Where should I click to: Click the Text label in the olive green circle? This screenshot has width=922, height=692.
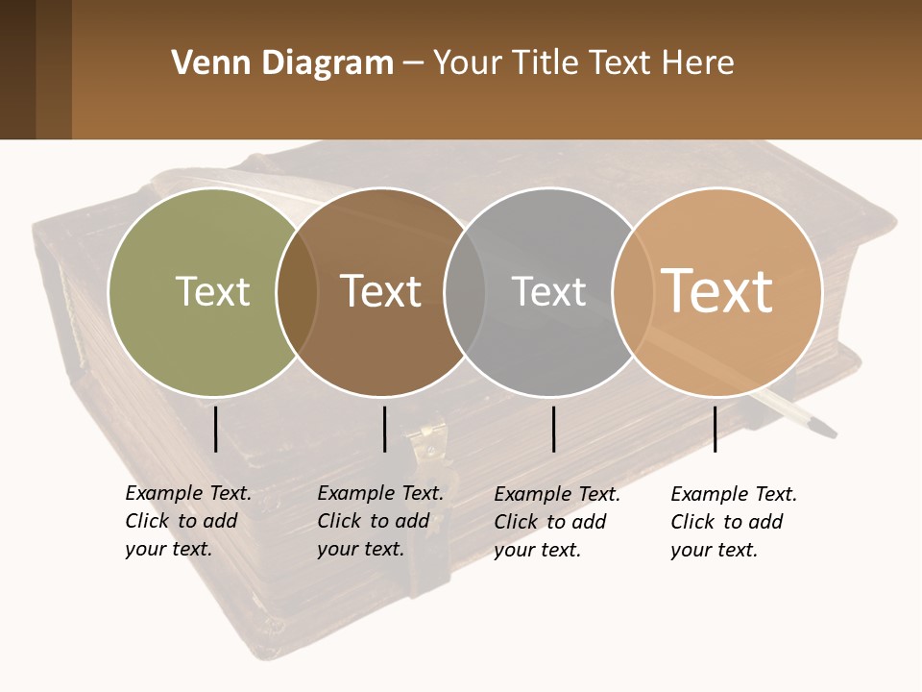point(212,291)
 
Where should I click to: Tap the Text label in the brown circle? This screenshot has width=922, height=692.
point(381,291)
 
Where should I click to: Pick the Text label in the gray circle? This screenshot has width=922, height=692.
point(548,291)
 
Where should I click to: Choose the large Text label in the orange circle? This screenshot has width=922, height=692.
point(717,291)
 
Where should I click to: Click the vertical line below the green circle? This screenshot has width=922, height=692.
point(215,429)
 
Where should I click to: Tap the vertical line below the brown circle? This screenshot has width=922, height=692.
point(384,429)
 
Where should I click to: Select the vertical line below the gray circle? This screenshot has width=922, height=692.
point(553,429)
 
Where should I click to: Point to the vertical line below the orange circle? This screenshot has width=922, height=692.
point(715,429)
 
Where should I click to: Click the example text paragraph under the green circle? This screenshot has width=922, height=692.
point(187,521)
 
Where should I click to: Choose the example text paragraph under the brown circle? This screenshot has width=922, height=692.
point(379,521)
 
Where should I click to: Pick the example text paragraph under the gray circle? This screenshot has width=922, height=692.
point(556,522)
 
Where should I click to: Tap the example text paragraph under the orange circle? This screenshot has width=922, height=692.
point(733,522)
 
